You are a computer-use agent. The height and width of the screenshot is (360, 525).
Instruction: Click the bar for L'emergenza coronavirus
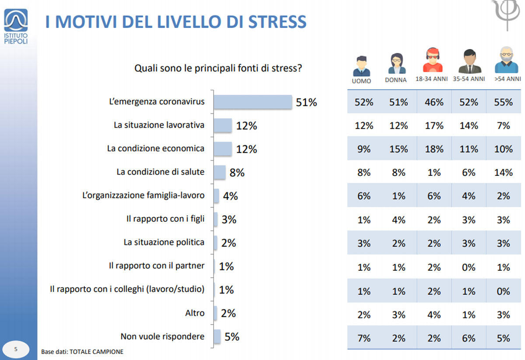pos(252,102)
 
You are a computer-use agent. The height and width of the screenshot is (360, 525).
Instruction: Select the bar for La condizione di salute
pos(220,172)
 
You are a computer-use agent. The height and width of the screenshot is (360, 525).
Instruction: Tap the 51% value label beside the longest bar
pos(306,102)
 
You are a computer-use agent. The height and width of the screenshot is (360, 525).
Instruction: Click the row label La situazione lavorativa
pos(159,125)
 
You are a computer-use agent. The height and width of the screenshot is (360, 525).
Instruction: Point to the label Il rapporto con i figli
pos(165,219)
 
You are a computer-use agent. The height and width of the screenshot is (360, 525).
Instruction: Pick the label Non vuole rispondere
pos(162,336)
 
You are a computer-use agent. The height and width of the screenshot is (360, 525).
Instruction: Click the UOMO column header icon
pos(361,66)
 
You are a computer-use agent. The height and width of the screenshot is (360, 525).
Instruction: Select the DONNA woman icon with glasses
pos(396,64)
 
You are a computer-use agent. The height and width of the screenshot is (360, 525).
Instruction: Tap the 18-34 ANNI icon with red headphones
pos(433,61)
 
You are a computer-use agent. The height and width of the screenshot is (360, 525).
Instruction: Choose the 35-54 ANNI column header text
pos(469,79)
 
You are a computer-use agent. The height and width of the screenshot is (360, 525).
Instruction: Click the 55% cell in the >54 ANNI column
pos(503,102)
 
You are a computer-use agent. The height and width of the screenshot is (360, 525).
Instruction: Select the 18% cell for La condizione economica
pos(434,149)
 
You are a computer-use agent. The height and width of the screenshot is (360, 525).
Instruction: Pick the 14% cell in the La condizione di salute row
pos(503,173)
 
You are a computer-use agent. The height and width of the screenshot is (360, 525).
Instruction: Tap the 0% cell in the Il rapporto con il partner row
pos(469,267)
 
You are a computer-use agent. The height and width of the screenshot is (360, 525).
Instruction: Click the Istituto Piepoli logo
pos(16,26)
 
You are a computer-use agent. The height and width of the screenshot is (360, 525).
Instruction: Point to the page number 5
pos(16,349)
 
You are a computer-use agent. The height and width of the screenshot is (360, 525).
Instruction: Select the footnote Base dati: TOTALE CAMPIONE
pos(82,352)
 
